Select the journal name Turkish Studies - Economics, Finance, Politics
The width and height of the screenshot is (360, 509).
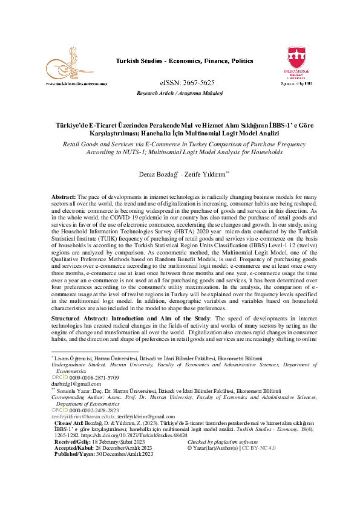pyautogui.click(x=185, y=62)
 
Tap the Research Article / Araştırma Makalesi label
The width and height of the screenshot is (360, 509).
pyautogui.click(x=180, y=93)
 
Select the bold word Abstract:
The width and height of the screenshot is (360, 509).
pyautogui.click(x=64, y=198)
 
